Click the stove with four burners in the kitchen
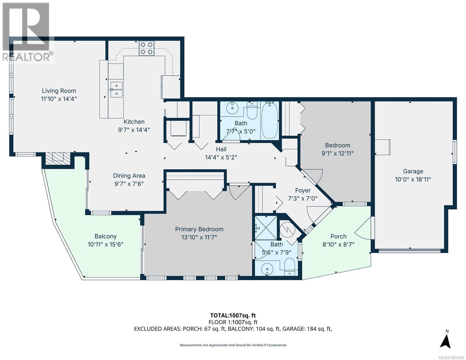click(146, 48)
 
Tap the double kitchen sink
click(116, 89)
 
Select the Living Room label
click(59, 91)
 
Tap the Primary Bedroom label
click(199, 229)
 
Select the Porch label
click(338, 236)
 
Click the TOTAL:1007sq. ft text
click(233, 315)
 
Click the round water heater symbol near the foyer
click(287, 230)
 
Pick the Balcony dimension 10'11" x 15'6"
click(106, 244)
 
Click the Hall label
click(221, 149)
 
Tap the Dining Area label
click(129, 176)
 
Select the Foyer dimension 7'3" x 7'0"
click(302, 198)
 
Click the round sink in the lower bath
click(267, 269)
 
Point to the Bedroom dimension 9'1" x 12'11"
click(338, 153)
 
